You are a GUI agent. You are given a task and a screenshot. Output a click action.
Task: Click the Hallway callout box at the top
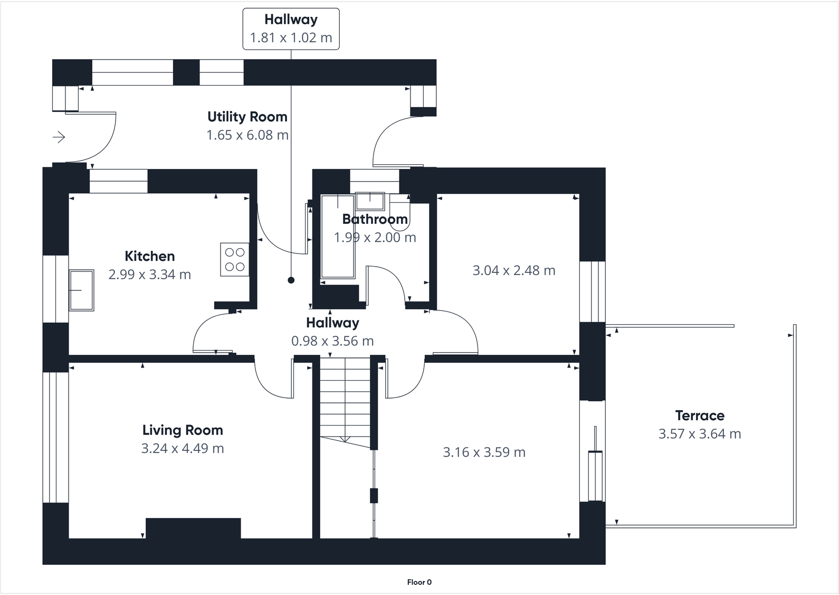point(291,29)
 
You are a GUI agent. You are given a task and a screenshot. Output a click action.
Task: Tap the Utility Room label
point(247,117)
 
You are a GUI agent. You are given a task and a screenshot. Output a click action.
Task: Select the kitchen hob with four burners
point(235,259)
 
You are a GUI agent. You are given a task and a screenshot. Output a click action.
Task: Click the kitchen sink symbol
point(81,290)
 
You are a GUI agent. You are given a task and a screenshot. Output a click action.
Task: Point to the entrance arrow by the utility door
point(59,137)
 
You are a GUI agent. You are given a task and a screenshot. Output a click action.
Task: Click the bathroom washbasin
point(370,201)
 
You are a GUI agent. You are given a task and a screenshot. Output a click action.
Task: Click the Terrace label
point(700,415)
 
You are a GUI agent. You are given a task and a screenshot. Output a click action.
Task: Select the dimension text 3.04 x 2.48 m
point(513,271)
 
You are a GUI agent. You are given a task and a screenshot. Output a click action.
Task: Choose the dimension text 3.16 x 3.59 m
point(484,452)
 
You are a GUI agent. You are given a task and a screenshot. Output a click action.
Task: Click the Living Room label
point(183,430)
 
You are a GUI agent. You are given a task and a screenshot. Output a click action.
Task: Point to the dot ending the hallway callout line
point(291,280)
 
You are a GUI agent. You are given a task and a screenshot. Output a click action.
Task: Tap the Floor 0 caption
point(419,582)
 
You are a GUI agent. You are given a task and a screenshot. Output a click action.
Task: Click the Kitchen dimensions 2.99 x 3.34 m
point(150,275)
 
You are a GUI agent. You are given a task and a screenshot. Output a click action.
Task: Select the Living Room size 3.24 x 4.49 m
point(183,449)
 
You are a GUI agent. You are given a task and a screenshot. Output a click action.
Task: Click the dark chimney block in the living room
point(193,528)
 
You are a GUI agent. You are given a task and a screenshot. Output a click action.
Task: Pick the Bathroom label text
point(375,219)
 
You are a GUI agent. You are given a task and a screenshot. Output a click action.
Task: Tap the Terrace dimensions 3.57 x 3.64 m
point(700,434)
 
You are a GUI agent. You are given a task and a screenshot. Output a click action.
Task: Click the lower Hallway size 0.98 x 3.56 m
point(332,341)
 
